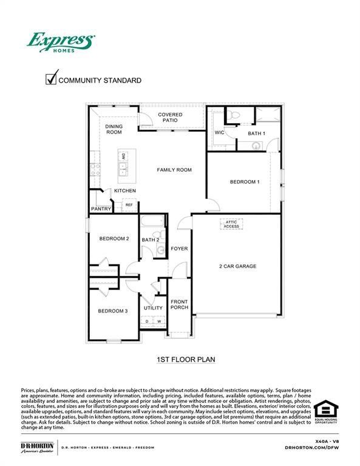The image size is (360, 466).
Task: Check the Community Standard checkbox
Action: [52, 79]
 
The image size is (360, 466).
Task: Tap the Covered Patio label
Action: [170, 118]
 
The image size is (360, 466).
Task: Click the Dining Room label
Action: [114, 129]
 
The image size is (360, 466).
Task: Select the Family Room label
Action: [174, 170]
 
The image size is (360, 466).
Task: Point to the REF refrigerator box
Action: [129, 205]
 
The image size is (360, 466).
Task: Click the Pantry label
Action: [101, 209]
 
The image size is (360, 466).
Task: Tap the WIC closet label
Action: [220, 133]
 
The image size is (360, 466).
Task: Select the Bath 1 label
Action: [257, 133]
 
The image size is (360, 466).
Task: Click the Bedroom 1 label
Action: [245, 182]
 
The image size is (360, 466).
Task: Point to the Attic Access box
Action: [233, 225]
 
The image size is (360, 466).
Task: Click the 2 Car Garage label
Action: [237, 266]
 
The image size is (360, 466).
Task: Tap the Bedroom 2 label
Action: [114, 239]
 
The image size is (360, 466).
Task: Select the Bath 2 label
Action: [151, 240]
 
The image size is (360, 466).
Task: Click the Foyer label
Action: [179, 249]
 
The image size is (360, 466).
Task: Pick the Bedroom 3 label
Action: [113, 311]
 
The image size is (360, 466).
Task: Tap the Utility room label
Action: [153, 308]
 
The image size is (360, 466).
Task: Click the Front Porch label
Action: [179, 305]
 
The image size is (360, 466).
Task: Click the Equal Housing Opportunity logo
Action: [326, 411]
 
